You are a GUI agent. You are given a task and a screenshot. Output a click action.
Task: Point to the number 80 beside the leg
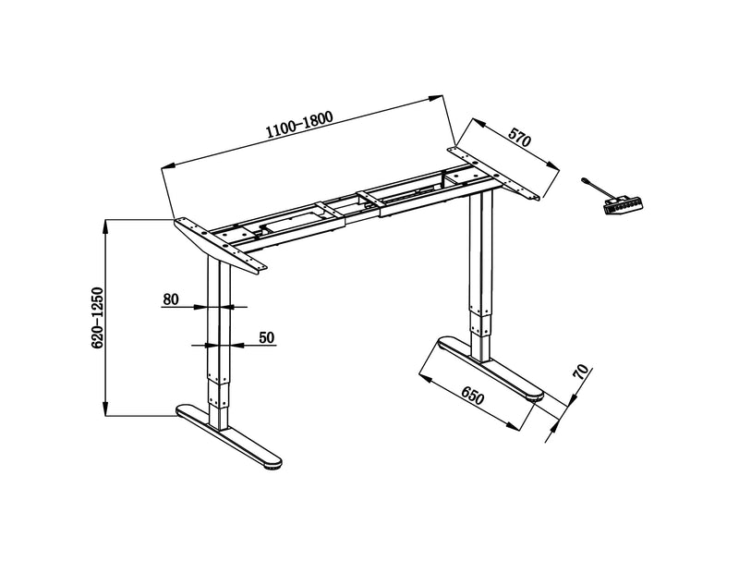pyautogui.click(x=170, y=299)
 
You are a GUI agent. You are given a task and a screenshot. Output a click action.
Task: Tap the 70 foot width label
pyautogui.click(x=580, y=373)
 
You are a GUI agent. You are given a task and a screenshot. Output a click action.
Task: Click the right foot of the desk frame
pyautogui.click(x=486, y=367)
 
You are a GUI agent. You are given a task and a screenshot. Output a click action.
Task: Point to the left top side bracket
pyautogui.click(x=220, y=244)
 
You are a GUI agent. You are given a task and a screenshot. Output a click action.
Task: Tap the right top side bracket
pyautogui.click(x=495, y=171)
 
